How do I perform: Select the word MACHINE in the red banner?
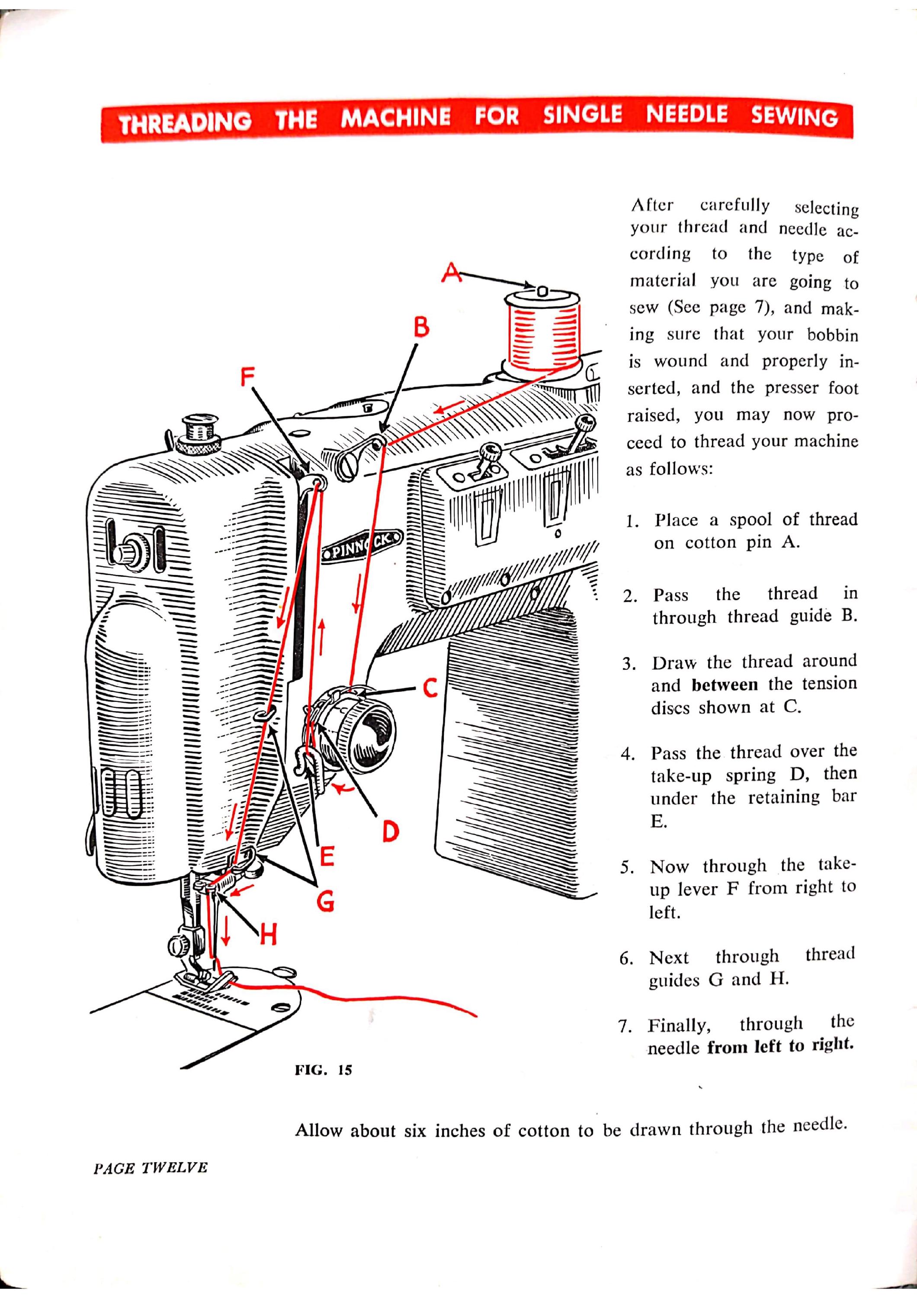coord(396,118)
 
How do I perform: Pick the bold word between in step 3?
coord(725,684)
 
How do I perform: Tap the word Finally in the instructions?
coord(679,1025)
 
